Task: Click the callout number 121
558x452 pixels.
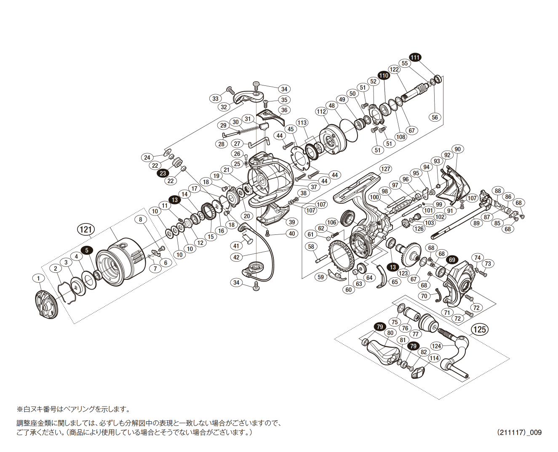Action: pos(86,229)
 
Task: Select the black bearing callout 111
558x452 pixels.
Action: pos(415,57)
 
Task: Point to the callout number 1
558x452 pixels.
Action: pos(38,278)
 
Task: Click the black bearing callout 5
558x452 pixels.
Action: pos(87,250)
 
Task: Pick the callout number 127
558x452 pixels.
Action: pos(385,169)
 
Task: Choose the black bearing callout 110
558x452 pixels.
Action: pos(383,75)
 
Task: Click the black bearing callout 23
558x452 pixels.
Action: pos(163,173)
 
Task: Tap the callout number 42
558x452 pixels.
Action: pos(236,257)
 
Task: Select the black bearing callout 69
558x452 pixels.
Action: pos(452,260)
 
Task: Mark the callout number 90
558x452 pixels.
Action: pos(457,149)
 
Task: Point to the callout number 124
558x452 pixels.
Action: pos(436,346)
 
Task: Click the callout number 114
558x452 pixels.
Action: pos(434,358)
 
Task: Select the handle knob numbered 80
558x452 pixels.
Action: pos(381,349)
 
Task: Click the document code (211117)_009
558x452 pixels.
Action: pos(519,432)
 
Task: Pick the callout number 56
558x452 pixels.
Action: pos(435,117)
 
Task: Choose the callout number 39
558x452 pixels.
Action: pos(291,222)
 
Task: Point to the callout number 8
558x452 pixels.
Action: pos(141,219)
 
